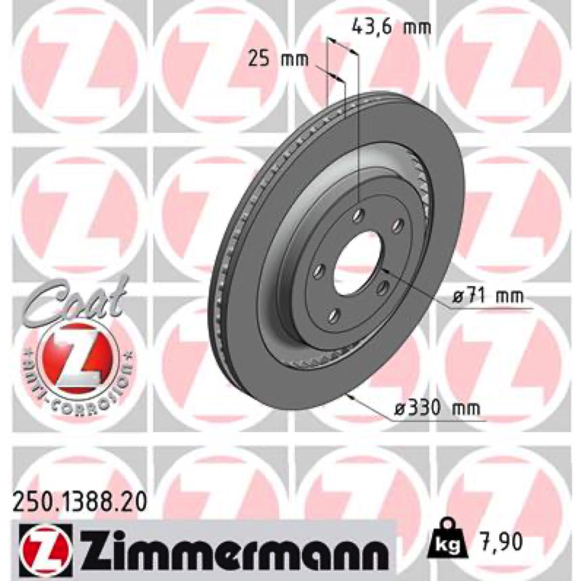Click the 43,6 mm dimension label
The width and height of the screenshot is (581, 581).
(391, 28)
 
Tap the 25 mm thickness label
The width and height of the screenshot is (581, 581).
(278, 59)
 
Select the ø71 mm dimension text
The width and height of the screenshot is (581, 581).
(488, 296)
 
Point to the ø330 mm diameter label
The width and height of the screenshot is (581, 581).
(437, 409)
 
